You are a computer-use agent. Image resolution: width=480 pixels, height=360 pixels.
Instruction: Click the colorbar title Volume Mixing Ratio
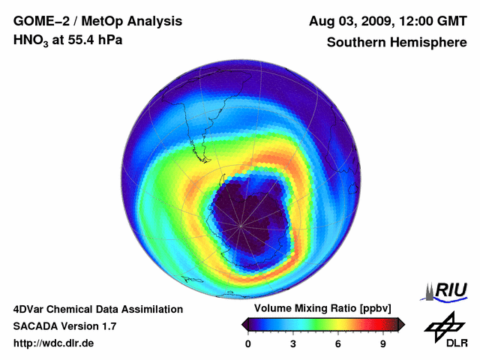pos(298,308)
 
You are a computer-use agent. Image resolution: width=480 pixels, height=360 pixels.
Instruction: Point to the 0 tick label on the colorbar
pos(248,343)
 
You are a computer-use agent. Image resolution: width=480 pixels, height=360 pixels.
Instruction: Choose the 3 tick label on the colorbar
pos(293,343)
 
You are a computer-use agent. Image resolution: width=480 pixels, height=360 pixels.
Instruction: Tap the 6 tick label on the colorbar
pos(338,343)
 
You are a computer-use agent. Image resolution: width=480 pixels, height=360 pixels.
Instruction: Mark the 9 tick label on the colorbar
pos(383,343)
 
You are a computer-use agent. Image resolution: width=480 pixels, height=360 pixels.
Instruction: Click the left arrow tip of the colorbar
pos(243,324)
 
